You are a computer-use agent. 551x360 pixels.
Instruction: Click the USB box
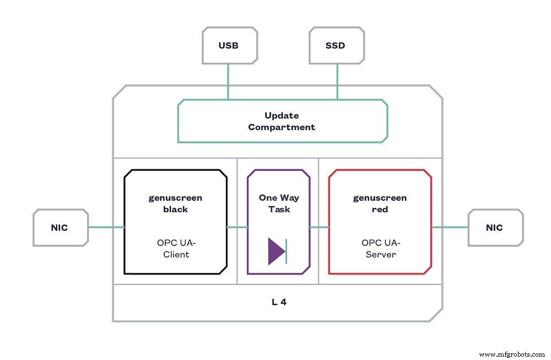click(x=228, y=45)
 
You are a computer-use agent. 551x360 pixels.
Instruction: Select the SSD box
click(x=335, y=45)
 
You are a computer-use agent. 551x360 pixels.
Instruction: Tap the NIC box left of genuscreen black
click(x=60, y=227)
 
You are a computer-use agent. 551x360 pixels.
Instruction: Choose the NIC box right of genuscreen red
click(x=495, y=227)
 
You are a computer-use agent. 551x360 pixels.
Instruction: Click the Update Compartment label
click(x=282, y=121)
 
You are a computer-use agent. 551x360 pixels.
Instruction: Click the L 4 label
click(x=279, y=302)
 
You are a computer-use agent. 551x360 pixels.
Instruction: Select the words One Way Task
click(x=278, y=203)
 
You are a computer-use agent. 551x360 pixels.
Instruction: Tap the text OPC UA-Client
click(x=176, y=248)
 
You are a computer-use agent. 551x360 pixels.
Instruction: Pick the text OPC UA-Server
click(x=380, y=248)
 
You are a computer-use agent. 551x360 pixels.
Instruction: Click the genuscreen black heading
click(x=175, y=203)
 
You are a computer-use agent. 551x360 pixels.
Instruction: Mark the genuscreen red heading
click(x=380, y=203)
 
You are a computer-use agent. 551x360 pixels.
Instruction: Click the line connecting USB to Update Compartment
click(x=228, y=82)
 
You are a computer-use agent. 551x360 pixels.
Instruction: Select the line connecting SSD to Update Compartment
click(x=337, y=82)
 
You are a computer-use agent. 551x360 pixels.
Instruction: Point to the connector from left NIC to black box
click(x=106, y=227)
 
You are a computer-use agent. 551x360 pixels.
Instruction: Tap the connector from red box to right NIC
click(x=450, y=227)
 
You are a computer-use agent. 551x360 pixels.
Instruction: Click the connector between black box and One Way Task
click(x=237, y=227)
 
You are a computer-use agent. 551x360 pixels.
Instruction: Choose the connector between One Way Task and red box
click(x=319, y=227)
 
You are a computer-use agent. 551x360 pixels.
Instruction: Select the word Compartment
click(x=282, y=127)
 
